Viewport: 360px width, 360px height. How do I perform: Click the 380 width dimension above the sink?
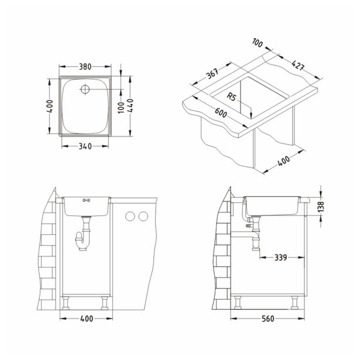tap(85, 67)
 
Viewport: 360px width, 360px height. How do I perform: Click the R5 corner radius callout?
tap(233, 98)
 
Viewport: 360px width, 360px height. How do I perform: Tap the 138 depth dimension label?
tap(321, 206)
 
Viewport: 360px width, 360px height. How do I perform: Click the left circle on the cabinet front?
tap(129, 217)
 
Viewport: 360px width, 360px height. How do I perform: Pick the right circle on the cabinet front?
tap(142, 217)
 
